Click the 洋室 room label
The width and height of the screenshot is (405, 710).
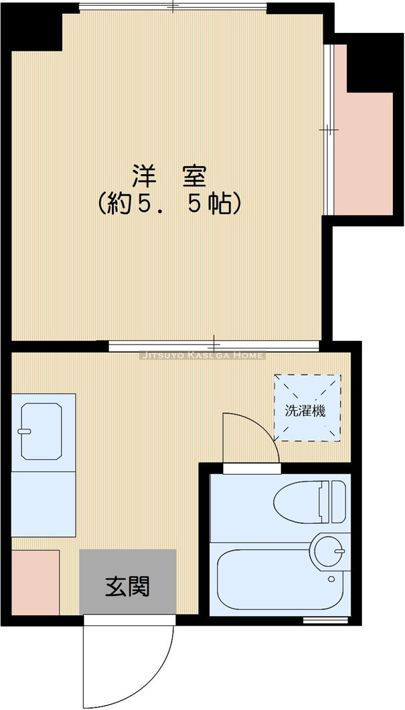pos(169,175)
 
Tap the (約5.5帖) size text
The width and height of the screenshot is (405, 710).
pos(169,204)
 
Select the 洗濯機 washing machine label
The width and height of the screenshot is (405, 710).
pos(305,410)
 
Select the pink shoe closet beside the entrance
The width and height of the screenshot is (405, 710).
pos(35,581)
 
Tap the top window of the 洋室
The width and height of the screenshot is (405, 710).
pos(173,8)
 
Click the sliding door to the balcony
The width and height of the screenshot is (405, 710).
pos(327,130)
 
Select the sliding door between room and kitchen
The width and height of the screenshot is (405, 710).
pos(214,346)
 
